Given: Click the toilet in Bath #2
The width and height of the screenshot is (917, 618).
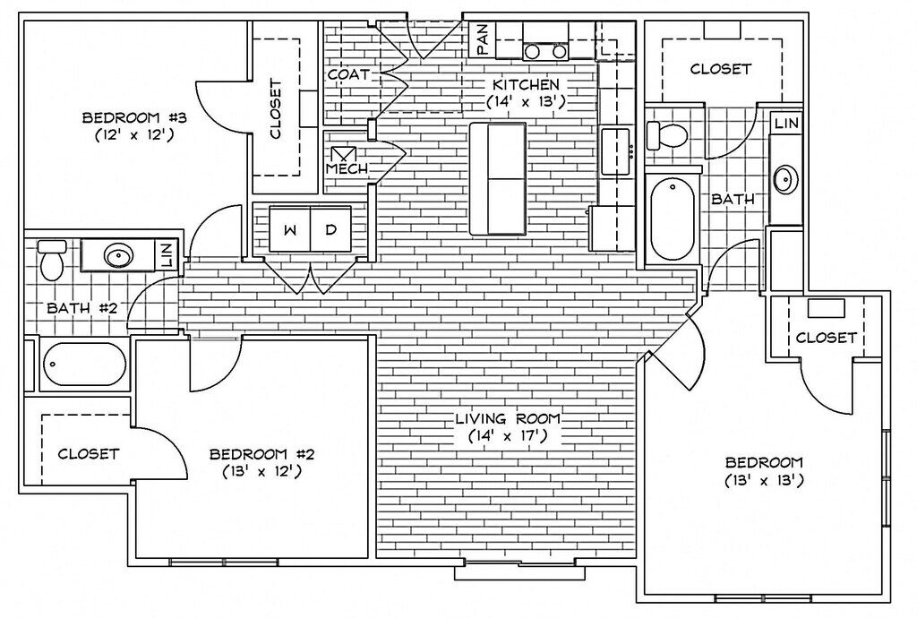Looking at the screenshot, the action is [52, 258].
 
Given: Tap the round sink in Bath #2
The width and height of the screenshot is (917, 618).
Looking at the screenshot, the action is [116, 256].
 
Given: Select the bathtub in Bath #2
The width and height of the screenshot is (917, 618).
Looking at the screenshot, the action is [84, 365].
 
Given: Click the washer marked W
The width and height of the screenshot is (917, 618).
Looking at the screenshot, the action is [289, 230].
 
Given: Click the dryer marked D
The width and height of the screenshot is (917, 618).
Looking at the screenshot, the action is [330, 230].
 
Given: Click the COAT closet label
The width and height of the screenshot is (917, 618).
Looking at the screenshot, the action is [348, 74].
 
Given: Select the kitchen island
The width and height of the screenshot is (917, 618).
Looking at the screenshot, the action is [497, 179].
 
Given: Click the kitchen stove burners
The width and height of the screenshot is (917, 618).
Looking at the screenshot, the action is [544, 51].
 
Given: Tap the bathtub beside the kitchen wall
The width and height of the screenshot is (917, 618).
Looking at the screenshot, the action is [672, 219].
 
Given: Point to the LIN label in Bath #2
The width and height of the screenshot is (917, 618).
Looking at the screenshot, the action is [166, 256].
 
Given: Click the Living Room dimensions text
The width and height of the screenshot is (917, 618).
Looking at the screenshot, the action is [507, 436].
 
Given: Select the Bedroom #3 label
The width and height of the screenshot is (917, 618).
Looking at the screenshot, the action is [133, 117].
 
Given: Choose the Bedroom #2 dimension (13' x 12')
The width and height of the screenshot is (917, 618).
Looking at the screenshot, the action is [261, 470].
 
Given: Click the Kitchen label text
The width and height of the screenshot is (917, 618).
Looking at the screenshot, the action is [526, 84].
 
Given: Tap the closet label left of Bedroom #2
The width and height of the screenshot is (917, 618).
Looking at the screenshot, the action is [88, 453].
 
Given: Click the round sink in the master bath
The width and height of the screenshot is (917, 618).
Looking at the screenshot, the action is [785, 179].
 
